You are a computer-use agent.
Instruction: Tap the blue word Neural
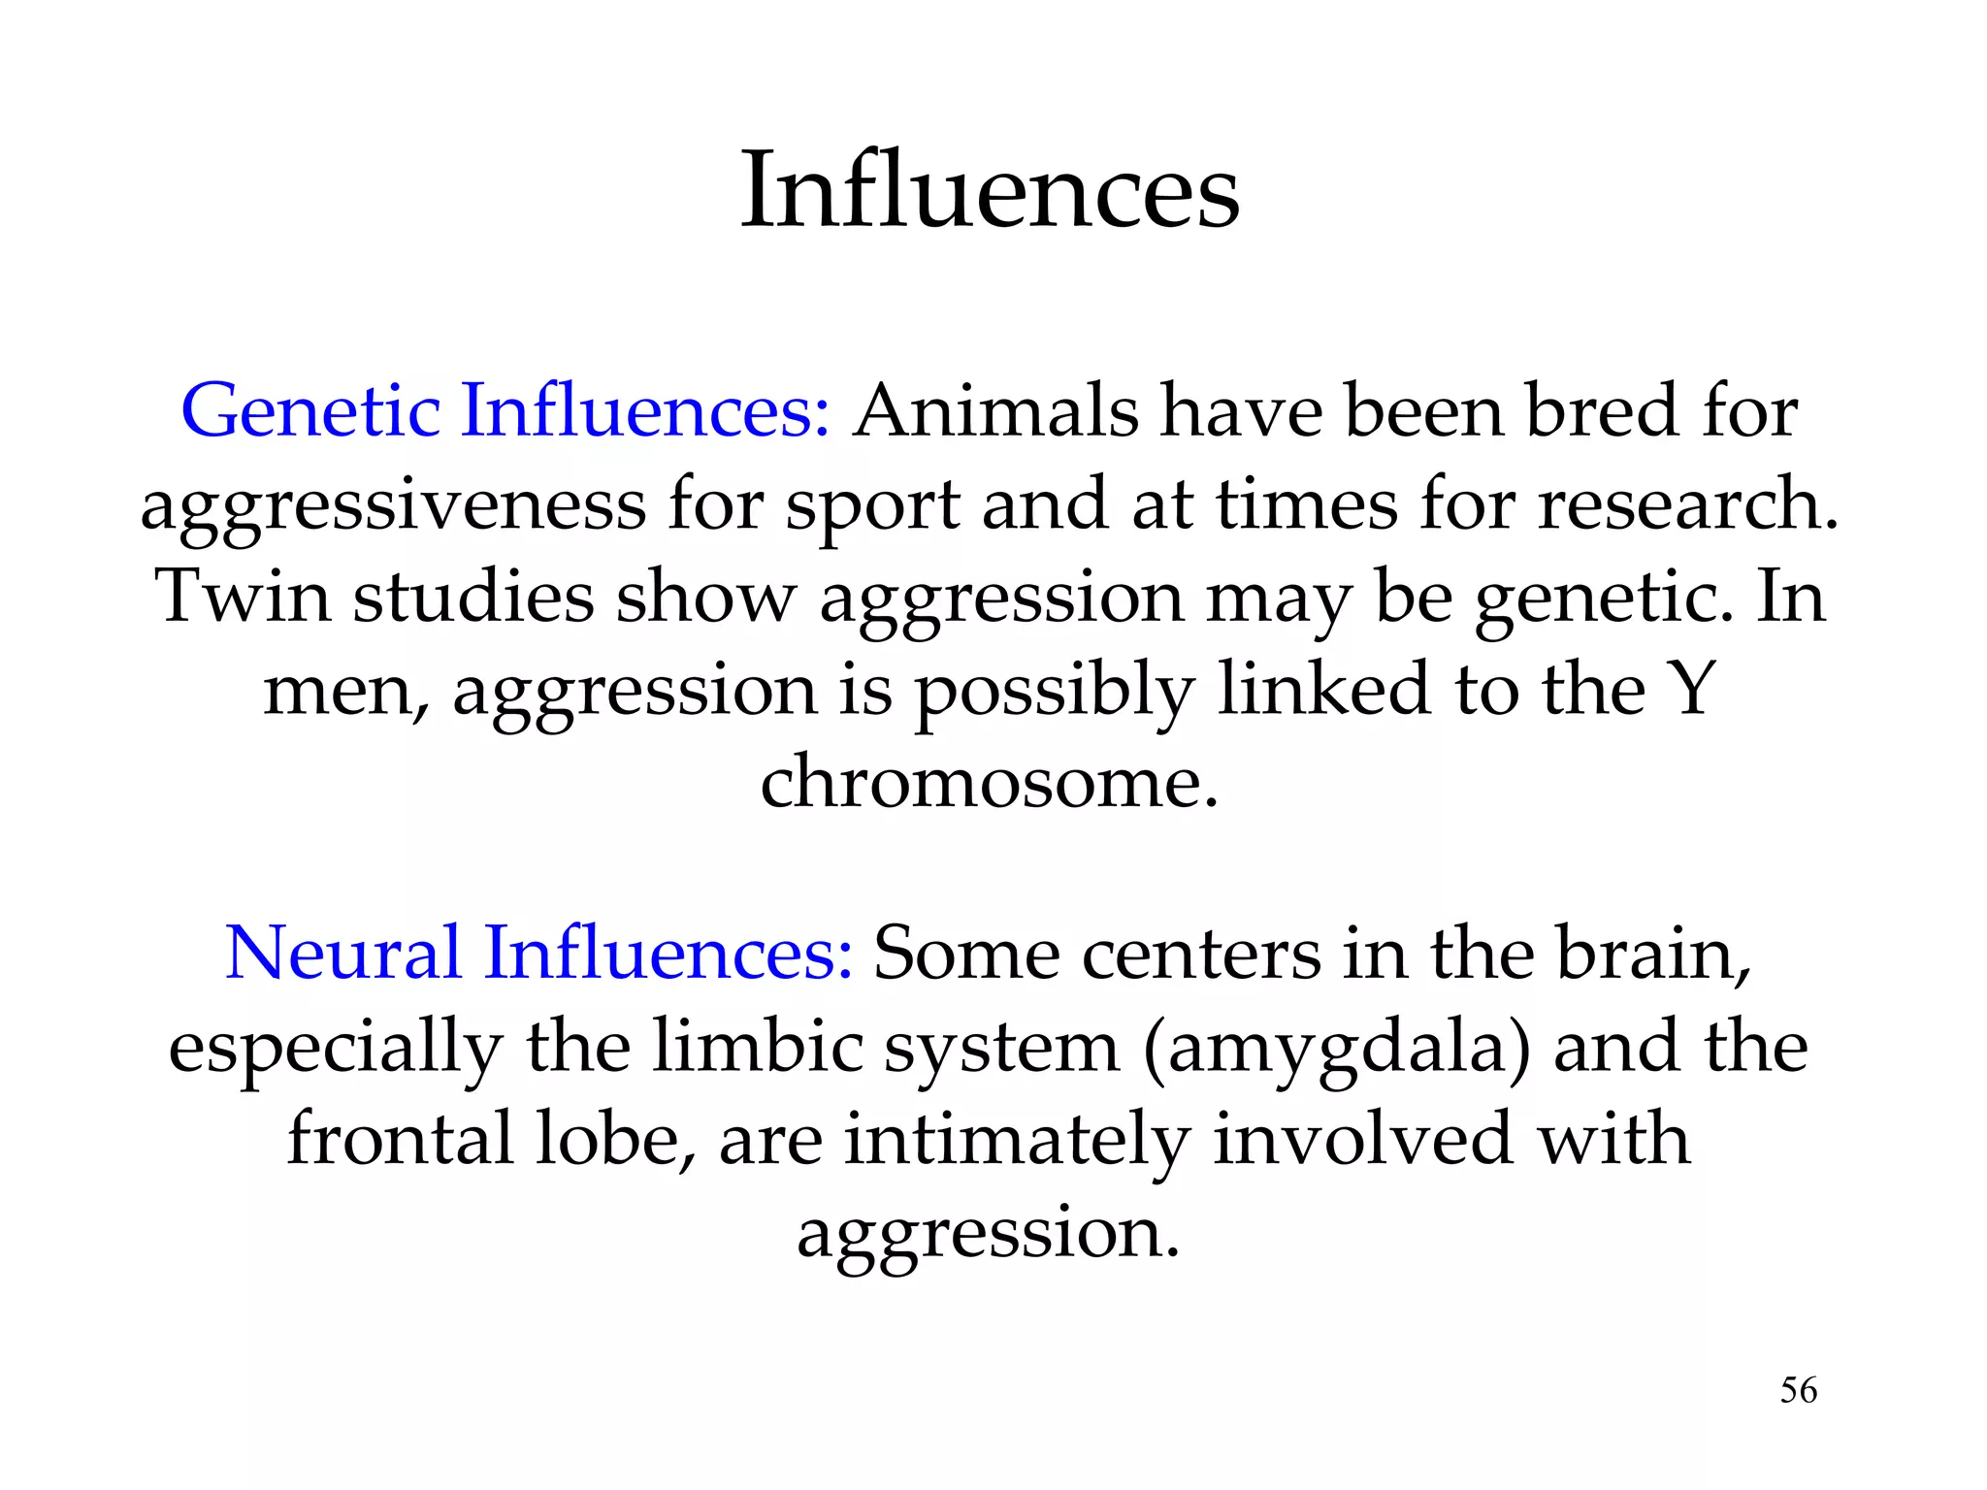[342, 953]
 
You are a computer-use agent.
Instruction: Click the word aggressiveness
[392, 506]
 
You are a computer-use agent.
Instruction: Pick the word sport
[872, 506]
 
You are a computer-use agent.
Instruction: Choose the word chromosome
[988, 781]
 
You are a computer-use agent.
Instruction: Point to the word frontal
[400, 1138]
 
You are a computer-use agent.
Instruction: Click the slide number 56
[1798, 1390]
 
